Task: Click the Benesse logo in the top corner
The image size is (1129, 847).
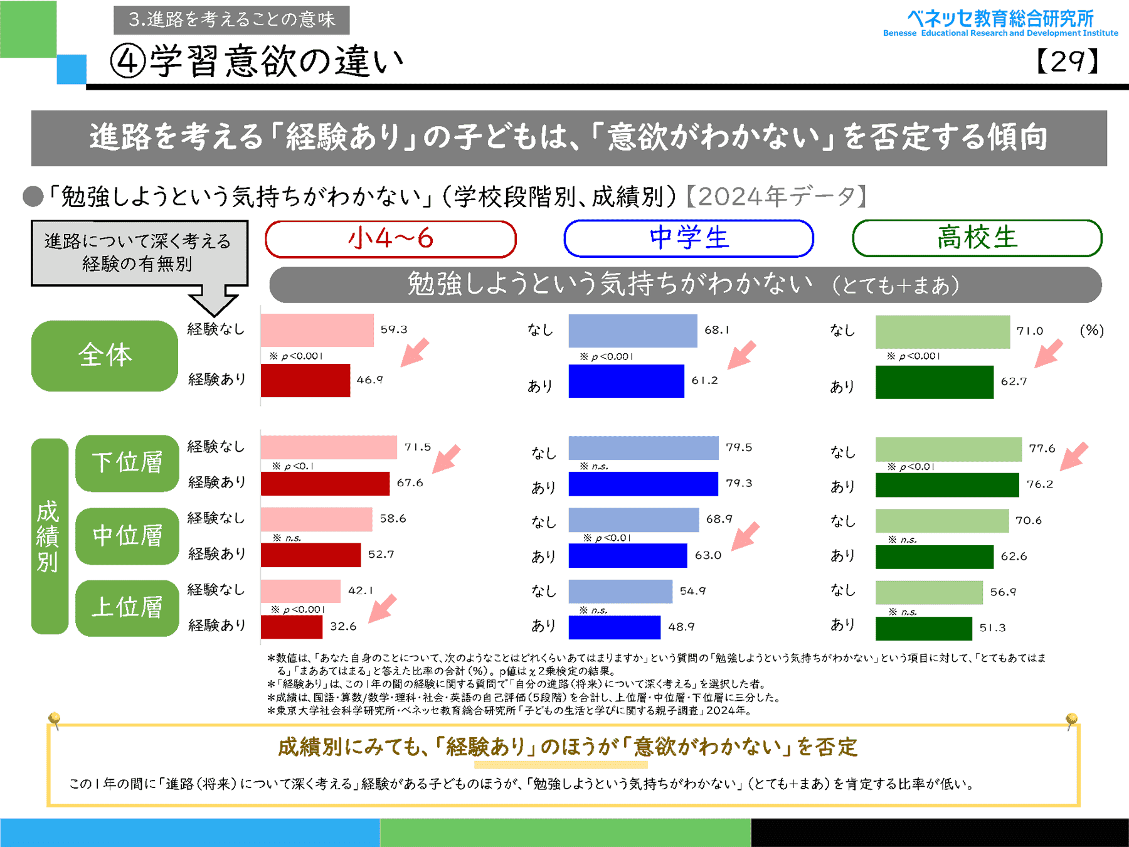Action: (1000, 23)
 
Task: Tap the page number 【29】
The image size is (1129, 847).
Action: (1068, 61)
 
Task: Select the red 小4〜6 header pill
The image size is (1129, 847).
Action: (390, 239)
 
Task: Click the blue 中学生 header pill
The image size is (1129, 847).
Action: (689, 238)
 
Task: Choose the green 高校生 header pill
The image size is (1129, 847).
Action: (977, 238)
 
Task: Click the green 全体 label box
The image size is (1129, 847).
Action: (105, 356)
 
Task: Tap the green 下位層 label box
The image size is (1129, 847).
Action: (127, 463)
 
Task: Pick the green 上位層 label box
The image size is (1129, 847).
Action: (127, 608)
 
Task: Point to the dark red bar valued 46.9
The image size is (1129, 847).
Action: (305, 381)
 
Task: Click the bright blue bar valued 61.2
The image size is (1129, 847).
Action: (626, 381)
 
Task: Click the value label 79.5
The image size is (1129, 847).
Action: (739, 447)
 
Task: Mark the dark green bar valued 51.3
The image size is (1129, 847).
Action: (923, 628)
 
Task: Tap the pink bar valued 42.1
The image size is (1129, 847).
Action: (300, 591)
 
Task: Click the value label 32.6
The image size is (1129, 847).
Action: (343, 626)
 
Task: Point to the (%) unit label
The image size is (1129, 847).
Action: (1091, 331)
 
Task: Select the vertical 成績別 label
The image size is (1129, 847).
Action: (48, 536)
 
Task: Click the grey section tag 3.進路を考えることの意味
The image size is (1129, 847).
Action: (231, 20)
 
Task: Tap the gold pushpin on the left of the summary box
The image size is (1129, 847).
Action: (55, 719)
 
